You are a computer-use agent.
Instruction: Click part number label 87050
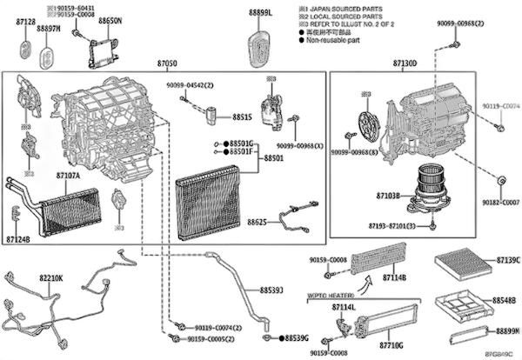(166, 64)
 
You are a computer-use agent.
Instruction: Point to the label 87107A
(68, 176)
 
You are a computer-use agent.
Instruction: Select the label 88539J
(271, 290)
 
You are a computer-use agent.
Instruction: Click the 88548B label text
(505, 301)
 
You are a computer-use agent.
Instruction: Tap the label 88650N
(110, 18)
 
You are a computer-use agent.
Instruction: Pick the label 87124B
(17, 238)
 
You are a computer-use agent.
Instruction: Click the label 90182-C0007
(503, 202)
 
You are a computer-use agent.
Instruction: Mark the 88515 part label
(242, 116)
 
